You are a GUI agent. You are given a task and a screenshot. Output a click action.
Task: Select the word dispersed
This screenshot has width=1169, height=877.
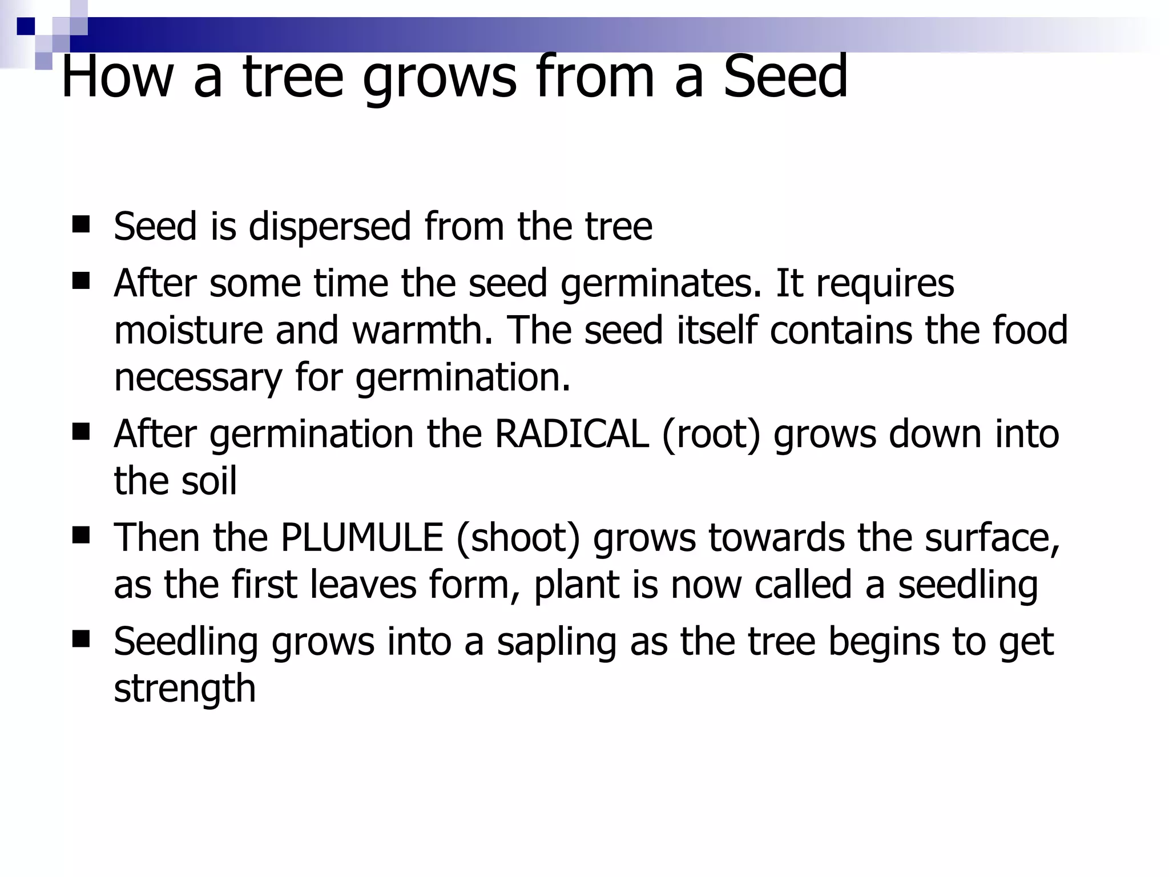pos(330,227)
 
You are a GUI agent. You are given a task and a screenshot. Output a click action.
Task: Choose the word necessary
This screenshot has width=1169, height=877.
pos(198,377)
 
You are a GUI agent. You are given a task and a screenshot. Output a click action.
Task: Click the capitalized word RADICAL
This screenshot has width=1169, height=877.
pos(571,434)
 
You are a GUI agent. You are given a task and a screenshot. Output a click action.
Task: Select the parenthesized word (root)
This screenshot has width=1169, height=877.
pos(711,434)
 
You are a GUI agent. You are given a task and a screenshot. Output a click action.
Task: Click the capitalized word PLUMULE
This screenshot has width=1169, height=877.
pos(362,538)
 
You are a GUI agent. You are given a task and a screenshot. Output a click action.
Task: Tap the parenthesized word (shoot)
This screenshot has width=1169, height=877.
pos(518,538)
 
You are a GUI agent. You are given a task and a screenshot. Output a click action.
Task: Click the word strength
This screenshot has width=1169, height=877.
pos(184,689)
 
